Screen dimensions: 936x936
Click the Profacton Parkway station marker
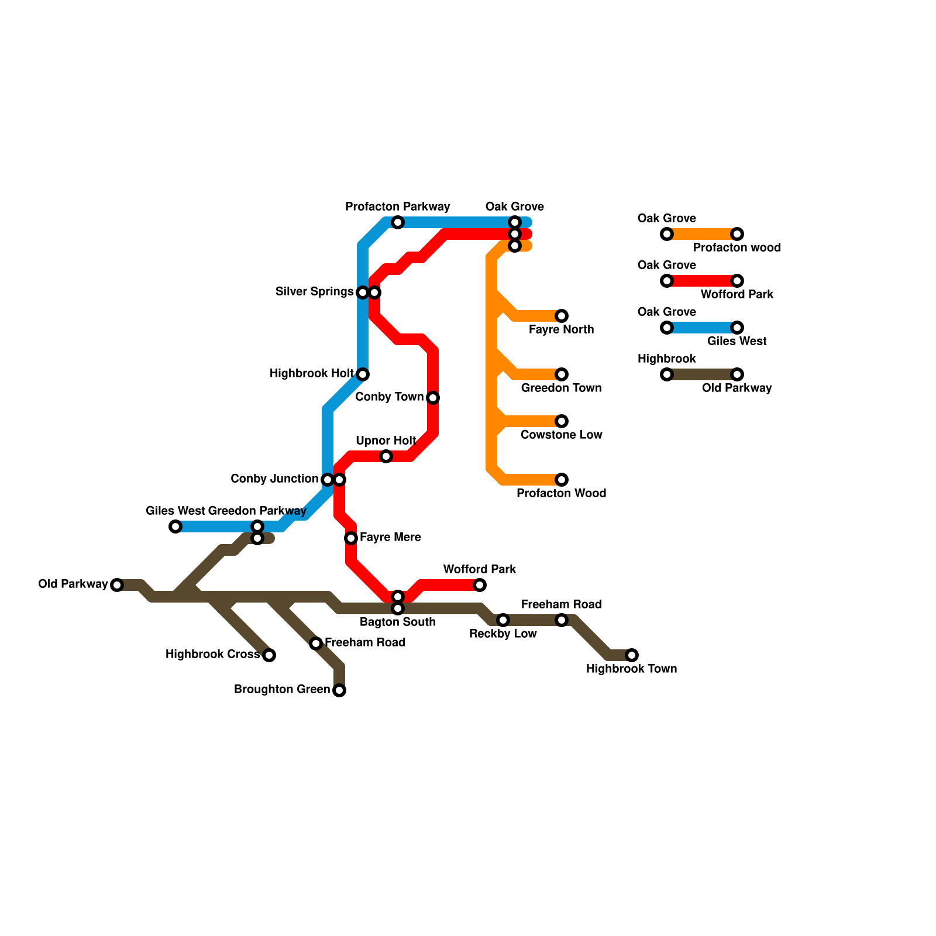tap(398, 222)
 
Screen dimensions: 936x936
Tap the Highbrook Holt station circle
tap(363, 374)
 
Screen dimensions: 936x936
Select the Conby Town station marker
tap(433, 398)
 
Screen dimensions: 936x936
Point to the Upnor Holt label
tap(386, 441)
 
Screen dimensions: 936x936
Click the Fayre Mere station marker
tap(351, 538)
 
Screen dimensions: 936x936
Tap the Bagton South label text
tap(398, 622)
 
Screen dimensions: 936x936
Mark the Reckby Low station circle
tap(503, 620)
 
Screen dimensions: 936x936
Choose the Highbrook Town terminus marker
tap(632, 655)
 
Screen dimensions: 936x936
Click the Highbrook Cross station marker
tap(269, 655)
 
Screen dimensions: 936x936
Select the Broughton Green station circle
tap(339, 690)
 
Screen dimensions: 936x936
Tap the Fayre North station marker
tap(562, 316)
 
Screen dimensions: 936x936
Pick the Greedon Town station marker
tap(562, 374)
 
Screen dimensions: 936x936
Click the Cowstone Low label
tap(562, 435)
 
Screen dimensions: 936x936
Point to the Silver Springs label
tap(314, 291)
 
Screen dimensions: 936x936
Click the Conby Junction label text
tap(274, 479)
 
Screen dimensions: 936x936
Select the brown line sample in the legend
tap(702, 374)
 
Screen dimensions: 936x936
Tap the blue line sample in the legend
tap(702, 328)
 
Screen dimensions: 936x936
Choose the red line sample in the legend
tap(702, 281)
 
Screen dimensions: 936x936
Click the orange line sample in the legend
tap(702, 234)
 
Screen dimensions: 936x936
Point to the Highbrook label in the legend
tap(667, 359)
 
